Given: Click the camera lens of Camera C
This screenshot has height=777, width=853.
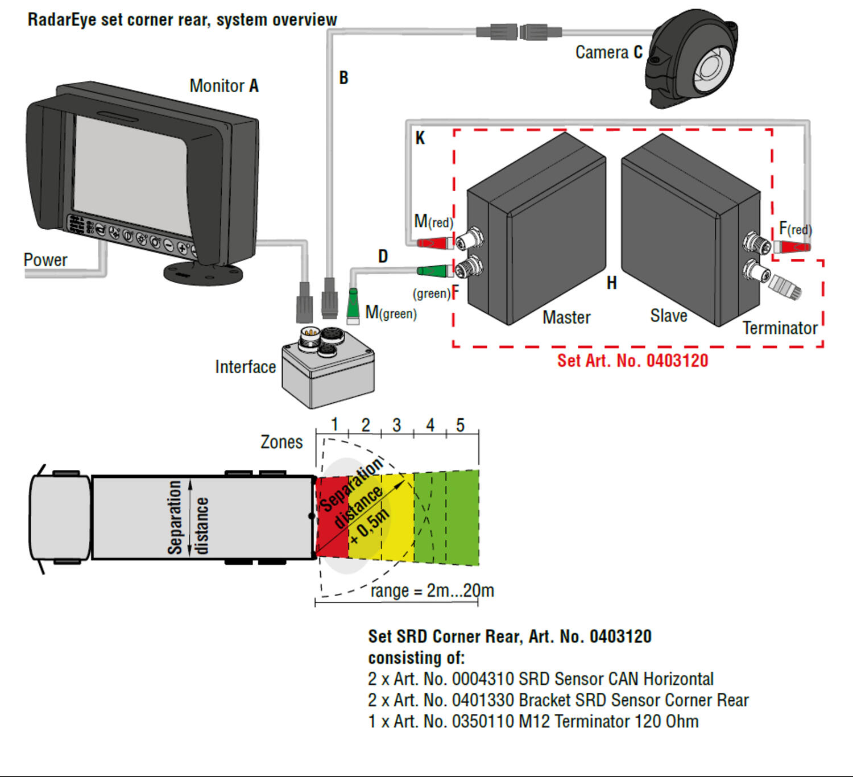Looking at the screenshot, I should pyautogui.click(x=710, y=67).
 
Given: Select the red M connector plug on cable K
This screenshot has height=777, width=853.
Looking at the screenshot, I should pyautogui.click(x=433, y=243).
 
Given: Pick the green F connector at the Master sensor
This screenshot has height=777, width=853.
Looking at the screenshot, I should pyautogui.click(x=433, y=271).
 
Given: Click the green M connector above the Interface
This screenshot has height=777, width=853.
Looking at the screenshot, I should pyautogui.click(x=353, y=305).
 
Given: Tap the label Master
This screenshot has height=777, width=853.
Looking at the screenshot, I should pyautogui.click(x=566, y=317).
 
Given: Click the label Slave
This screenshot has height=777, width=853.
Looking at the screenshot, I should pyautogui.click(x=669, y=316).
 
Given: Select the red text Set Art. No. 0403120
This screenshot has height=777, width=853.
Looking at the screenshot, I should pyautogui.click(x=632, y=361).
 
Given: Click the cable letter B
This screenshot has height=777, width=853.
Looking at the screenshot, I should pyautogui.click(x=343, y=78).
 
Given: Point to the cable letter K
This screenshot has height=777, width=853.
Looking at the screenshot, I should pyautogui.click(x=420, y=138).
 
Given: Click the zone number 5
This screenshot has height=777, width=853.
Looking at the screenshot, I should pyautogui.click(x=460, y=425).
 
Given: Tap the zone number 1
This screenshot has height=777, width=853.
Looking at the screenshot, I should pyautogui.click(x=334, y=424).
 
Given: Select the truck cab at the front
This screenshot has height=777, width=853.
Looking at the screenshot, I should pyautogui.click(x=60, y=518).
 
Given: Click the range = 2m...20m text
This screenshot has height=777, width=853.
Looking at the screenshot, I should pyautogui.click(x=432, y=590).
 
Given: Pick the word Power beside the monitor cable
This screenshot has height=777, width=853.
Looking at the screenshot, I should pyautogui.click(x=45, y=260).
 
